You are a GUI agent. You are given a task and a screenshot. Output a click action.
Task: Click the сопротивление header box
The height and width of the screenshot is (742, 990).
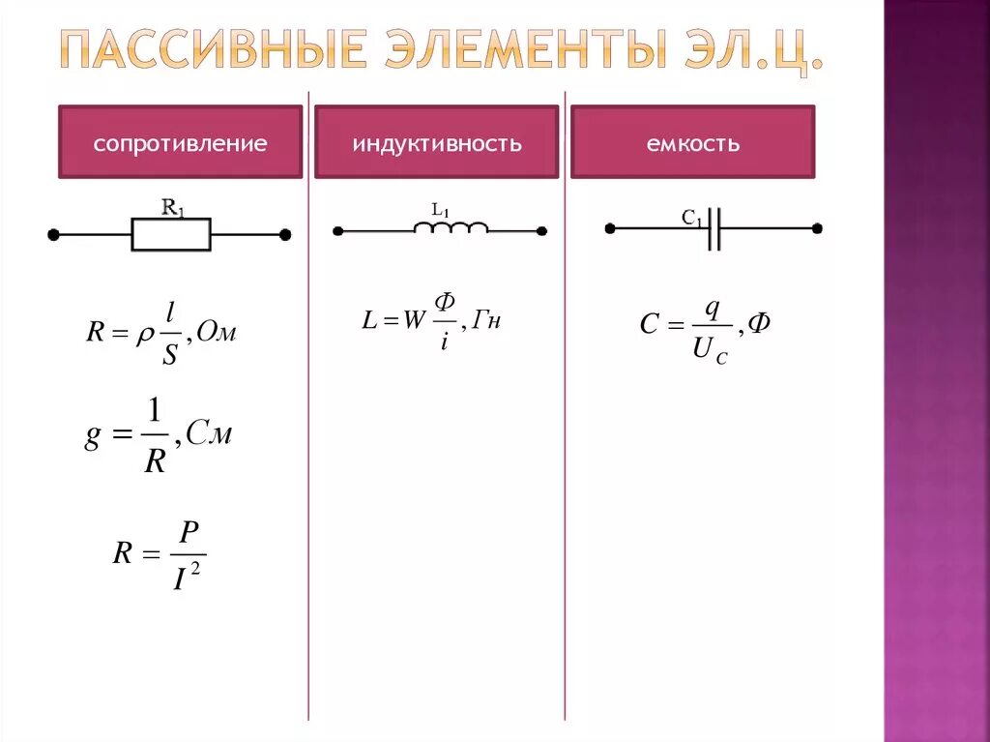[180, 143]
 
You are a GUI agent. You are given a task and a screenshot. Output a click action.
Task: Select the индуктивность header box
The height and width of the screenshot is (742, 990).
[436, 143]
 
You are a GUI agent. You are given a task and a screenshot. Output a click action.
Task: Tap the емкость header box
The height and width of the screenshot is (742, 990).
[692, 143]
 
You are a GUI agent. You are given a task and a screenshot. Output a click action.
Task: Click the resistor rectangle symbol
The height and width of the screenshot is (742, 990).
[171, 234]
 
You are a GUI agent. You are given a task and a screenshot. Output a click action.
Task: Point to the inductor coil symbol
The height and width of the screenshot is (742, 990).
[451, 228]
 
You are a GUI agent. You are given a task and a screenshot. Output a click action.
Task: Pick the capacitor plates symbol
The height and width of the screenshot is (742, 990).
[713, 229]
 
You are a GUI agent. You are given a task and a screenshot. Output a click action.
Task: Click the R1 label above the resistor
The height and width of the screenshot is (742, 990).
[173, 207]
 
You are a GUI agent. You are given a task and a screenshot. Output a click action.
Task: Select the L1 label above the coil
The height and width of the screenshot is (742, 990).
[441, 209]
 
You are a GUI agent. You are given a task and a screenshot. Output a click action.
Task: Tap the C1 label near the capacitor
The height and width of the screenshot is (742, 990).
[692, 220]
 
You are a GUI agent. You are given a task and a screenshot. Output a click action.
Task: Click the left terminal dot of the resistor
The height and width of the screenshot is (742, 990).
[54, 234]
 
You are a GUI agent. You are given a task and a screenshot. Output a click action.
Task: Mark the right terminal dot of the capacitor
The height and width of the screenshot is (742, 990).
[817, 229]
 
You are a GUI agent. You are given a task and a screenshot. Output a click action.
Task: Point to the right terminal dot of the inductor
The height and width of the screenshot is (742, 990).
[541, 231]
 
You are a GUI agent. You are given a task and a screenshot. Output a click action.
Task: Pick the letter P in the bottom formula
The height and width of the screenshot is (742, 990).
[189, 533]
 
